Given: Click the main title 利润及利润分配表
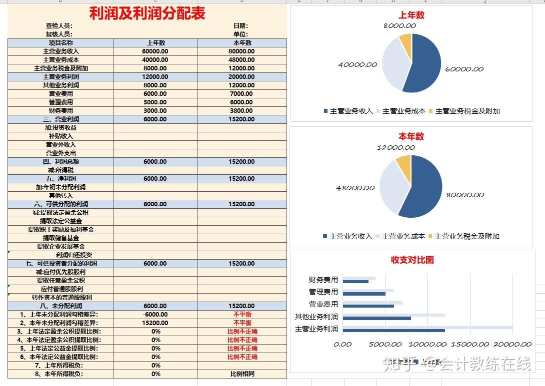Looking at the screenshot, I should (x=147, y=13).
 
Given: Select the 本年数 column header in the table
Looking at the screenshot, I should (x=242, y=43).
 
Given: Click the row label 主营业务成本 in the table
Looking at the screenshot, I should (x=61, y=60).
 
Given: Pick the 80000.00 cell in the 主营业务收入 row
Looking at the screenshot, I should (x=242, y=51).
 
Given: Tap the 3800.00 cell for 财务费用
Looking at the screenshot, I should (x=242, y=111).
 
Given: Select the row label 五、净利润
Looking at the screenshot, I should (x=61, y=179).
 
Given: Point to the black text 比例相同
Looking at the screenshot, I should (x=242, y=374).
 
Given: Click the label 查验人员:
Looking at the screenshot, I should (x=59, y=26).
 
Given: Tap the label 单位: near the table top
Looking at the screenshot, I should (x=240, y=34).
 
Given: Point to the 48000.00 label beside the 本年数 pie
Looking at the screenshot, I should (x=355, y=188).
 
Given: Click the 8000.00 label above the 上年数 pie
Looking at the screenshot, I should (x=400, y=26).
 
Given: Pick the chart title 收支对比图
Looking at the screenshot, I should (x=412, y=260).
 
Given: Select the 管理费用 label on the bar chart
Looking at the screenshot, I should (x=323, y=292).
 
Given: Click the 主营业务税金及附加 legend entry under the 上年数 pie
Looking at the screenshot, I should (x=467, y=111).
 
